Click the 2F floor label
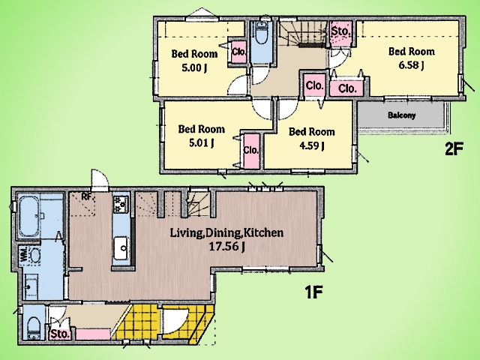point(454,149)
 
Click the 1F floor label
point(313,292)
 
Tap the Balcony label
point(402,115)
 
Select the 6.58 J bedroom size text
point(411,65)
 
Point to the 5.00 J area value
point(194,67)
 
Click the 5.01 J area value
point(201,143)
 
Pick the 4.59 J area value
point(312,145)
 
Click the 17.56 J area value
point(226,247)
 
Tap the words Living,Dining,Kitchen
point(226,233)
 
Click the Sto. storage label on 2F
point(340,31)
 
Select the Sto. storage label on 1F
point(60,334)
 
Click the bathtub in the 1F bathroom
point(28,217)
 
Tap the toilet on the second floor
point(262,33)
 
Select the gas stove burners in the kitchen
point(121,204)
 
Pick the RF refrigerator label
point(87,196)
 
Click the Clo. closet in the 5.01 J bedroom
point(251,150)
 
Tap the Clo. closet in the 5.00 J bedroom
point(238,52)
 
